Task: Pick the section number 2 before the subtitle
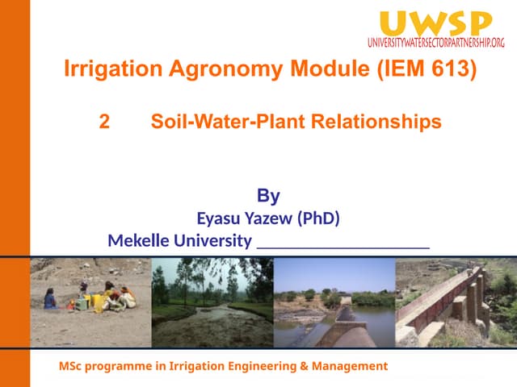click(x=103, y=122)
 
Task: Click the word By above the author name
click(x=268, y=195)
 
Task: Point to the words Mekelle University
click(x=179, y=240)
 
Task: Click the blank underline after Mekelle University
click(x=343, y=244)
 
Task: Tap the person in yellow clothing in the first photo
click(x=100, y=302)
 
